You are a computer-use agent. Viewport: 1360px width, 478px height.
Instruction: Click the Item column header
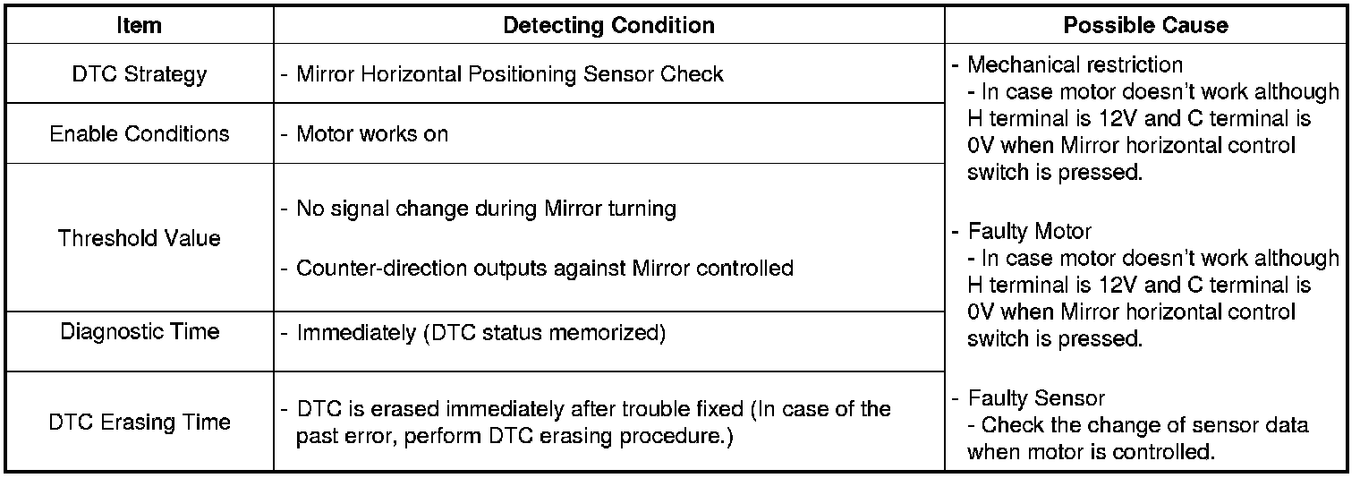coord(139,25)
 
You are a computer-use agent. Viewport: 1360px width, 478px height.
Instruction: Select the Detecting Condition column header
coord(608,25)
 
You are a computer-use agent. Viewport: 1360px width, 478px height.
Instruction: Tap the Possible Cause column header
coord(1145,25)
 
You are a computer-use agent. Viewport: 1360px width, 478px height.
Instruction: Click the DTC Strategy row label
coord(139,73)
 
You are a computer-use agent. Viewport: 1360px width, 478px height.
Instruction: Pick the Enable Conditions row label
coord(139,133)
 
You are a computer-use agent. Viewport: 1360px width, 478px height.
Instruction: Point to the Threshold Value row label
coord(139,238)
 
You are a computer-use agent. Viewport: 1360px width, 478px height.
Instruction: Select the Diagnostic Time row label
coord(139,331)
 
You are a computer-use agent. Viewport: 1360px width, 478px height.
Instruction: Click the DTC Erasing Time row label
coord(139,422)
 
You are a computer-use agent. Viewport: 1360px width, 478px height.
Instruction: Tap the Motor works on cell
coord(372,134)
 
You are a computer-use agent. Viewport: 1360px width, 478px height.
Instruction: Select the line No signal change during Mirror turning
coord(486,209)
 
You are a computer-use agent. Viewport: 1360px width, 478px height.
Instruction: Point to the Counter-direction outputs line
coord(545,268)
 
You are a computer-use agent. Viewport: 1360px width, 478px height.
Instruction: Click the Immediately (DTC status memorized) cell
coord(481,334)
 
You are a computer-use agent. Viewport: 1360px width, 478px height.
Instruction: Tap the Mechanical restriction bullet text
coord(1075,64)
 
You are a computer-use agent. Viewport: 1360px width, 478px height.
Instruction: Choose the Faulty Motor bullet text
coord(1029,231)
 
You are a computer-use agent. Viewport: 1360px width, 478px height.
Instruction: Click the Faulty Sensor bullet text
coord(1036,397)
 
